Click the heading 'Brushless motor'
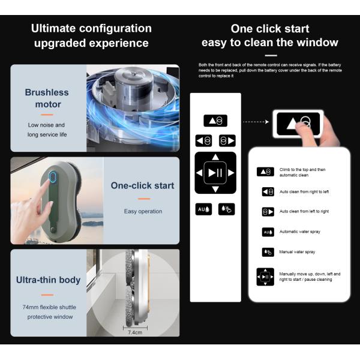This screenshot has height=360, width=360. pos(47,98)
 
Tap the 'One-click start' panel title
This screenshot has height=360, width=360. pos(142,185)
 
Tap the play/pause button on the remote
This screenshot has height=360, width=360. pos(215,172)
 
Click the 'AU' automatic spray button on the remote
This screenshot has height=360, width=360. pos(203,209)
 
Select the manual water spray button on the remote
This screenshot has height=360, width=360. pos(227,209)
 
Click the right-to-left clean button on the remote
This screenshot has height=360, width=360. pos(203,140)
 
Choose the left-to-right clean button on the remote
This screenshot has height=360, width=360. pos(227,140)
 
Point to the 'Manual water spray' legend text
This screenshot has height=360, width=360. pos(297,252)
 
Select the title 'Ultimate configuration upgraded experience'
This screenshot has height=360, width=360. pos(91,35)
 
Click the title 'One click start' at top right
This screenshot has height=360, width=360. pos(270,28)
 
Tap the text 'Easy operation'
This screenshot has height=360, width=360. pos(143,211)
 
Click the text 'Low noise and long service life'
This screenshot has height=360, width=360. pos(47,130)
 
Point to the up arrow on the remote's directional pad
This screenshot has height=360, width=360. pos(215,158)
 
